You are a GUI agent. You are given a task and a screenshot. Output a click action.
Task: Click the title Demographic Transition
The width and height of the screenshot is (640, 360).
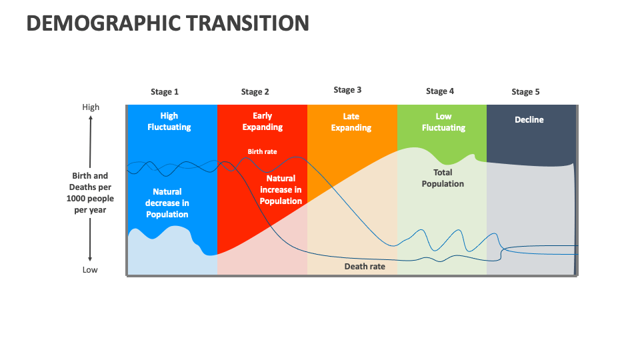(167, 23)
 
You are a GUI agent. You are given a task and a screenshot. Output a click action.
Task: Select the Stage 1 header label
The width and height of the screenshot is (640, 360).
(165, 92)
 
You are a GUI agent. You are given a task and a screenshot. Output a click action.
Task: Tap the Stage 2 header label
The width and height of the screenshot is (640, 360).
(255, 92)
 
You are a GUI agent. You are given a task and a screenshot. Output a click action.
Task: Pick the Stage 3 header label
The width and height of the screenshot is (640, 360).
(347, 90)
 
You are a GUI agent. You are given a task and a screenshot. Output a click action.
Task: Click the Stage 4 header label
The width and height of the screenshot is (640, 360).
(440, 91)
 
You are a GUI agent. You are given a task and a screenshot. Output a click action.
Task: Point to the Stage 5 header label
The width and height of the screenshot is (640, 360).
(525, 92)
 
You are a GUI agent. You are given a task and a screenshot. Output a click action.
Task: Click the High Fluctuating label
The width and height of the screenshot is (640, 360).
(169, 121)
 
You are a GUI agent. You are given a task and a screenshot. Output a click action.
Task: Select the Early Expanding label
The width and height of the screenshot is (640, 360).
(262, 121)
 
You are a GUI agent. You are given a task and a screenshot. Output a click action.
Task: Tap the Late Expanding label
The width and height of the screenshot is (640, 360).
(351, 122)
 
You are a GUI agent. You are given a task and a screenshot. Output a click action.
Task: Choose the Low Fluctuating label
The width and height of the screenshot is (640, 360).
(443, 122)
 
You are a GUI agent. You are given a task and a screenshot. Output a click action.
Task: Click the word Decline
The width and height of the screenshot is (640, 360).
(529, 120)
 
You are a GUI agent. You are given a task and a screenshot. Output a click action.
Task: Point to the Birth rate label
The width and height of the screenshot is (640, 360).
(262, 152)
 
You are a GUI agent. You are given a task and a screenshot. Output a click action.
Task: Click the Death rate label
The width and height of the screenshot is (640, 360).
(365, 267)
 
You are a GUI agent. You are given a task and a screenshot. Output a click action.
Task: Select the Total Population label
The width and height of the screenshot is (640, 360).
(443, 178)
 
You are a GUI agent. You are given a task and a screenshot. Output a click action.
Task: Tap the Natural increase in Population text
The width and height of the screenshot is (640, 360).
(281, 190)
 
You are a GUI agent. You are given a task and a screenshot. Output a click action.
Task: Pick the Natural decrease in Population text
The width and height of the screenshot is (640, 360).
(167, 203)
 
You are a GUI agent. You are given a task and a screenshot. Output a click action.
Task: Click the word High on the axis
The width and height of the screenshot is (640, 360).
(91, 107)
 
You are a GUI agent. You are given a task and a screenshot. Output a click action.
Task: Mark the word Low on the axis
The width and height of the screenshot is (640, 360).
(90, 270)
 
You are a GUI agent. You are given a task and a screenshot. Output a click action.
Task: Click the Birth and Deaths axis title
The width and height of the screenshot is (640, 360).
(90, 193)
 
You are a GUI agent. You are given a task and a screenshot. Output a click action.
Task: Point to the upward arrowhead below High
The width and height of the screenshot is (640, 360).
(90, 117)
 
